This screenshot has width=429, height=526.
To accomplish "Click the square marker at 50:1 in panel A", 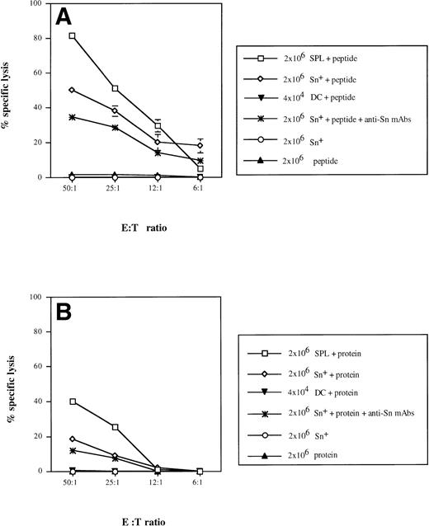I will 73,36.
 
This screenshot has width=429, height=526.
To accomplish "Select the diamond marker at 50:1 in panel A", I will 73,90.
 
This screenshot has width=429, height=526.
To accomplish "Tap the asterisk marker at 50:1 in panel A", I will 73,117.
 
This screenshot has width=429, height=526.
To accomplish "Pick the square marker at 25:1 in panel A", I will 115,88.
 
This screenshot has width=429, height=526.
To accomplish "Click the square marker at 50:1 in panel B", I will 73,402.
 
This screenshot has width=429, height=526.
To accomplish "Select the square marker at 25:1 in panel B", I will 115,427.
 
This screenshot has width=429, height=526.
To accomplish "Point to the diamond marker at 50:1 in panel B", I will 73,439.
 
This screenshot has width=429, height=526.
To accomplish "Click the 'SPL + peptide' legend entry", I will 330,59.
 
